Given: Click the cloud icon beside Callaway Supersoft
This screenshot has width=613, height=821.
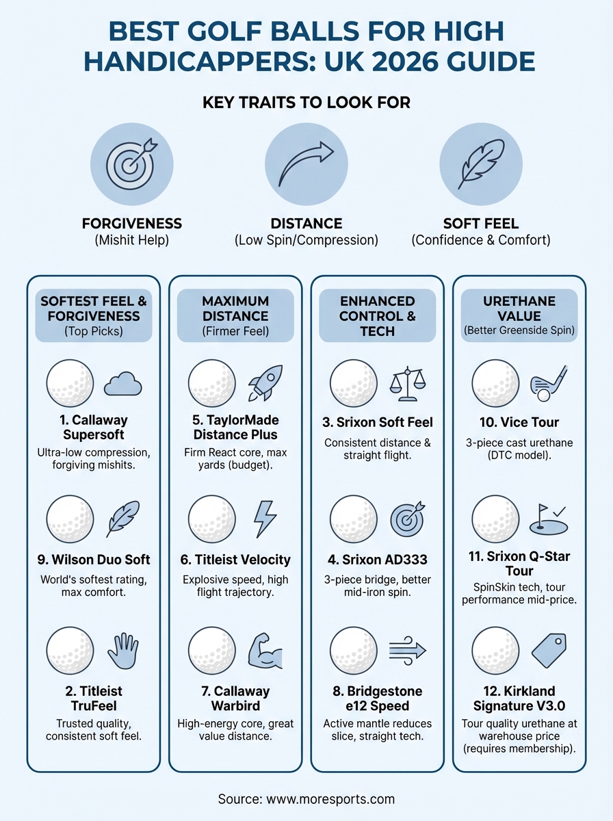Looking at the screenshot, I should (122, 385).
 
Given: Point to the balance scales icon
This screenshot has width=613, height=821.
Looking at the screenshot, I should (407, 383).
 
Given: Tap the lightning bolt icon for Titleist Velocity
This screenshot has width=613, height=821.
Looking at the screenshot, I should (265, 519).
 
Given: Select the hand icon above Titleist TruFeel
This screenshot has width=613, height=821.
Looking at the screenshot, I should (122, 651).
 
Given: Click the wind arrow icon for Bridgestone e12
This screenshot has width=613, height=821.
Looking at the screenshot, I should (407, 651).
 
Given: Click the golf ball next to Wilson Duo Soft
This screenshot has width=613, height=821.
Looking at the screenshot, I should (70, 519).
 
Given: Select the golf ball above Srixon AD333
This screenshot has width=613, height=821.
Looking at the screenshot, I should (354, 519).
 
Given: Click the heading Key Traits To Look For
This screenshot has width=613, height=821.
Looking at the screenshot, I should (306, 103).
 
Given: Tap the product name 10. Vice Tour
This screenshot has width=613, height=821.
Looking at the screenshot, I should (519, 423).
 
